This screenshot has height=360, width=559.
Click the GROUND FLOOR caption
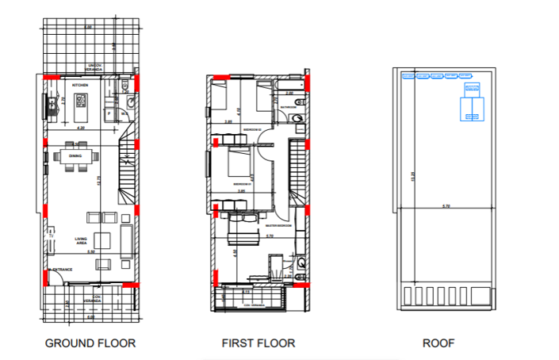tap(90, 343)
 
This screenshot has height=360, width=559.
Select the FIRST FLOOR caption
tap(258, 343)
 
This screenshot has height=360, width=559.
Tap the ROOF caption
tap(438, 343)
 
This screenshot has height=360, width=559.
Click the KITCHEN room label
tap(80, 84)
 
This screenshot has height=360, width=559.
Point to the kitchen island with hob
tap(82, 101)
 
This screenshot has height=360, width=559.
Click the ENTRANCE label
tap(63, 270)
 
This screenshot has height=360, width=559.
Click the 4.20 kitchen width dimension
tap(79, 127)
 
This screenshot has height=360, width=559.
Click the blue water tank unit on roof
tap(473, 103)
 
